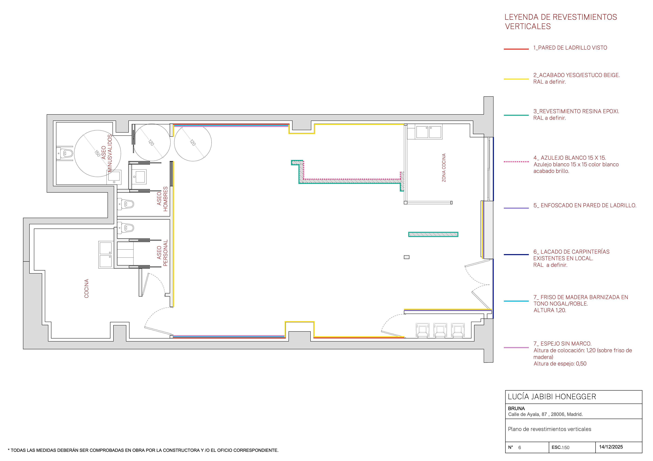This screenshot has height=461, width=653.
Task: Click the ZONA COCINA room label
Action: pos(444,168)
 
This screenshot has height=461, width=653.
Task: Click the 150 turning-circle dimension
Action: pos(97,153)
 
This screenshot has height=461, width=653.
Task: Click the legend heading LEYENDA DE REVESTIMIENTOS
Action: pos(560,17)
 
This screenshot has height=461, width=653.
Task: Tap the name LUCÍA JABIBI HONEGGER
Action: pos(552,396)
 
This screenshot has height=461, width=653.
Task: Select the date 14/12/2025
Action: pos(611,447)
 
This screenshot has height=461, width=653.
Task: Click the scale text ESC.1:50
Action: pos(560,447)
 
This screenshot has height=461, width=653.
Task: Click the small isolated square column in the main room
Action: pos(407,257)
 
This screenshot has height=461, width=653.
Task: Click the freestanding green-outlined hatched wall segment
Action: pos(433,234)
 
